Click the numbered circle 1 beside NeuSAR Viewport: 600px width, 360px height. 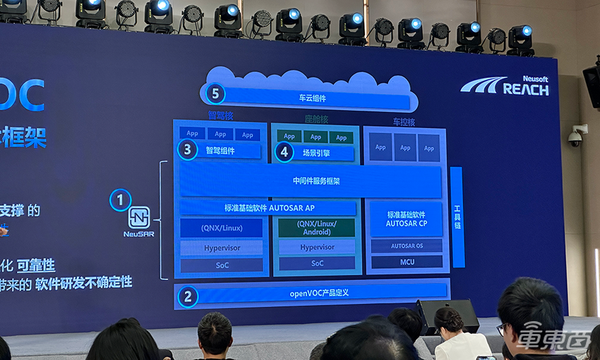pyautogui.click(x=120, y=200)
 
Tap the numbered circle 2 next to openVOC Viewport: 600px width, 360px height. pyautogui.click(x=187, y=296)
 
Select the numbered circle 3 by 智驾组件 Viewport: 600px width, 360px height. pyautogui.click(x=187, y=150)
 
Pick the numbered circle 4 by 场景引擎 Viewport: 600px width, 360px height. pyautogui.click(x=284, y=151)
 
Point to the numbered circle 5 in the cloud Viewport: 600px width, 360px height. pyautogui.click(x=215, y=94)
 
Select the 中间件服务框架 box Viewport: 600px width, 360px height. pyautogui.click(x=316, y=181)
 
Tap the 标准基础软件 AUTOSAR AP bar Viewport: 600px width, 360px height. pyautogui.click(x=268, y=208)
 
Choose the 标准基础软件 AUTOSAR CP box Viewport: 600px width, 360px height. pyautogui.click(x=406, y=219)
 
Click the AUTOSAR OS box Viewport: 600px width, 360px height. pyautogui.click(x=406, y=246)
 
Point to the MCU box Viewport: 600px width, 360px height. pyautogui.click(x=406, y=262)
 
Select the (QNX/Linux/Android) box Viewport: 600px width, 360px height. pyautogui.click(x=317, y=228)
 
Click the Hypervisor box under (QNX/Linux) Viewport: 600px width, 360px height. pyautogui.click(x=221, y=248)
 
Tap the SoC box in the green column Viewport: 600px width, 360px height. pyautogui.click(x=317, y=263)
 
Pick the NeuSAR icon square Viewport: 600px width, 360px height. pyautogui.click(x=139, y=217)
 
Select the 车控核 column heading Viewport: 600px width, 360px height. pyautogui.click(x=404, y=122)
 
